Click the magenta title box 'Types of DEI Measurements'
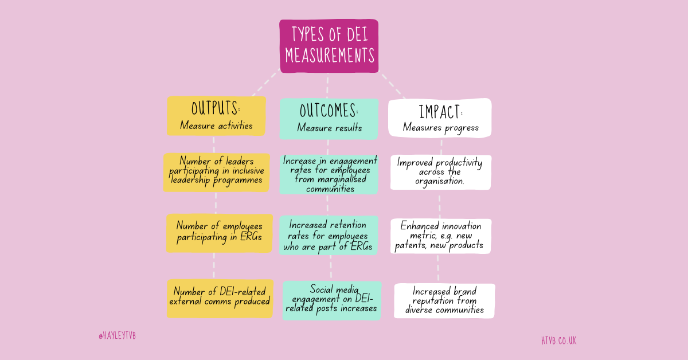click(329, 46)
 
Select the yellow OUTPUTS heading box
click(216, 116)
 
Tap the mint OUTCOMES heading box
click(329, 118)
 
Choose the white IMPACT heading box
click(440, 118)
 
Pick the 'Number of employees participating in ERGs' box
click(216, 233)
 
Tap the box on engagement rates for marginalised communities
click(329, 174)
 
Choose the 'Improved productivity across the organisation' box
click(440, 172)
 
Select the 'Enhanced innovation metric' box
click(441, 236)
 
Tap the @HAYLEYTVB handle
click(117, 336)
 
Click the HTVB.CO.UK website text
click(558, 341)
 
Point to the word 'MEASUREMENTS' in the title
click(330, 56)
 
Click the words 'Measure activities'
click(216, 126)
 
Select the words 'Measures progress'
click(440, 127)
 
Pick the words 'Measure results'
click(329, 128)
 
